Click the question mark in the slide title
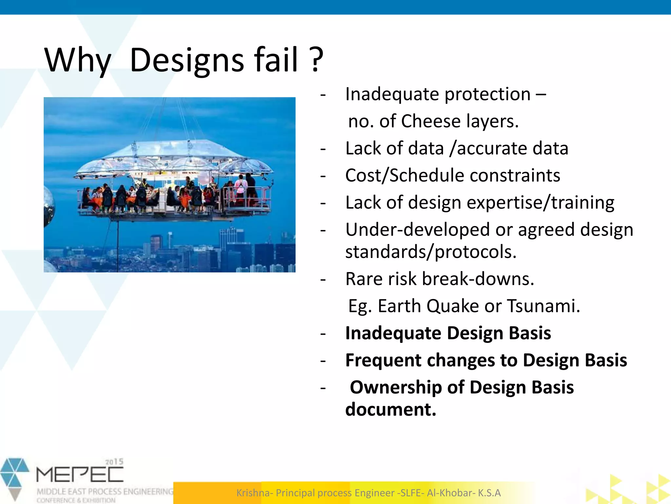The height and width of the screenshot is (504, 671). (316, 60)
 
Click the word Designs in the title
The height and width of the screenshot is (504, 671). (187, 60)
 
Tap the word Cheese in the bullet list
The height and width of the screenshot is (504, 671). (431, 121)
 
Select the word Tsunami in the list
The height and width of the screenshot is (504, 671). (544, 306)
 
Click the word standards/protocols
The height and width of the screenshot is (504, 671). (431, 252)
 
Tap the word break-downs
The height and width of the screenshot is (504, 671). (478, 279)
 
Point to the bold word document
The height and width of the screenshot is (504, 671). (391, 409)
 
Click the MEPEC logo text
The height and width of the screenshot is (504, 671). (80, 475)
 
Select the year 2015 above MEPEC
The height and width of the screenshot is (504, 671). (114, 462)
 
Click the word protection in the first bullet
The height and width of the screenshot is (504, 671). (487, 94)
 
